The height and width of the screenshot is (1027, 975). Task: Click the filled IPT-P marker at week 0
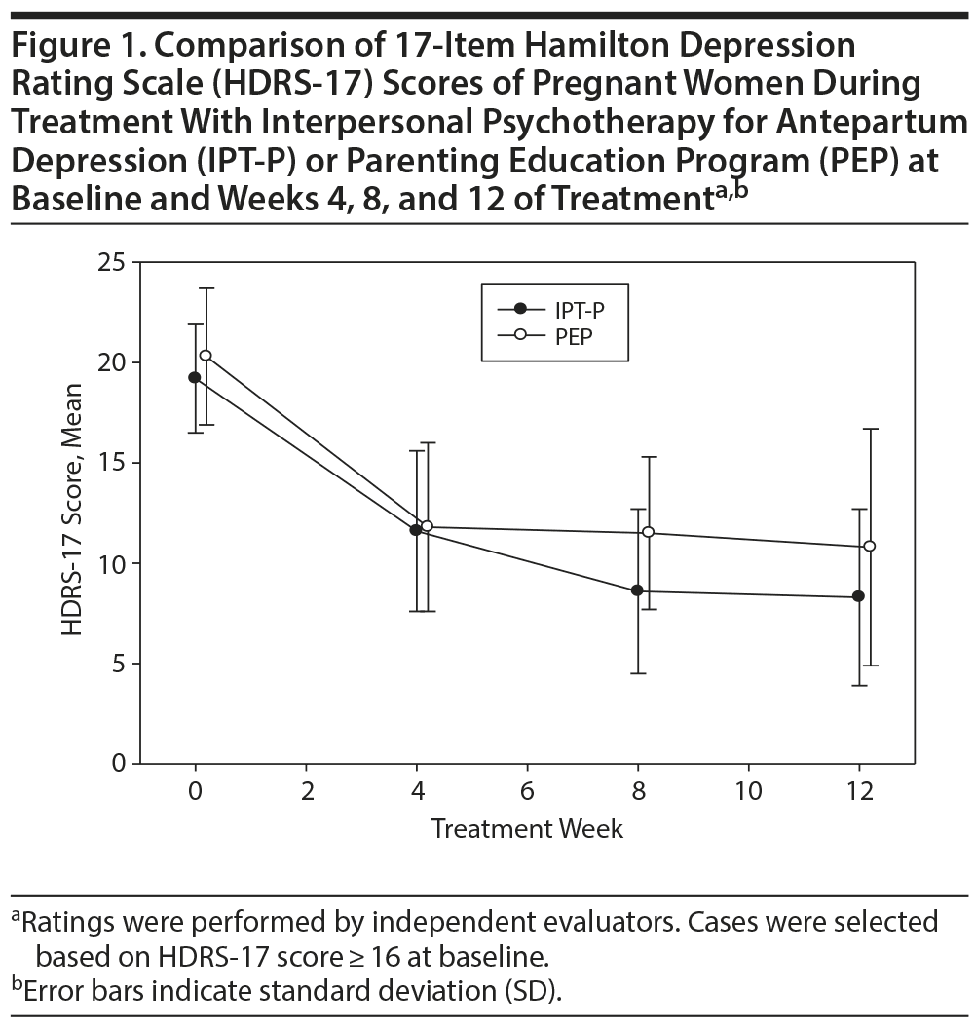pos(195,377)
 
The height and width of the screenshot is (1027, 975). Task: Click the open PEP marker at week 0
pos(206,356)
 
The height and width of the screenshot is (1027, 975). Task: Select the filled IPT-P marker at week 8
pos(637,590)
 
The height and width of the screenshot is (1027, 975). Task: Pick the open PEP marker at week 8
pos(648,532)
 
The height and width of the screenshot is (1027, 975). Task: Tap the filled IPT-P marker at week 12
pos(858,596)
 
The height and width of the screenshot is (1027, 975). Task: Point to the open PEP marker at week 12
pos(870,546)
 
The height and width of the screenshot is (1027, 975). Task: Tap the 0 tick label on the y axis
pos(118,763)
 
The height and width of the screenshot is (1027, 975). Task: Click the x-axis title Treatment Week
pos(527,829)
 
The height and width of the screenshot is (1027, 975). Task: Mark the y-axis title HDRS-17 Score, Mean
pos(73,511)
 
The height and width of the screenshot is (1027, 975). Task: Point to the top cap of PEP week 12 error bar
pos(870,429)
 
